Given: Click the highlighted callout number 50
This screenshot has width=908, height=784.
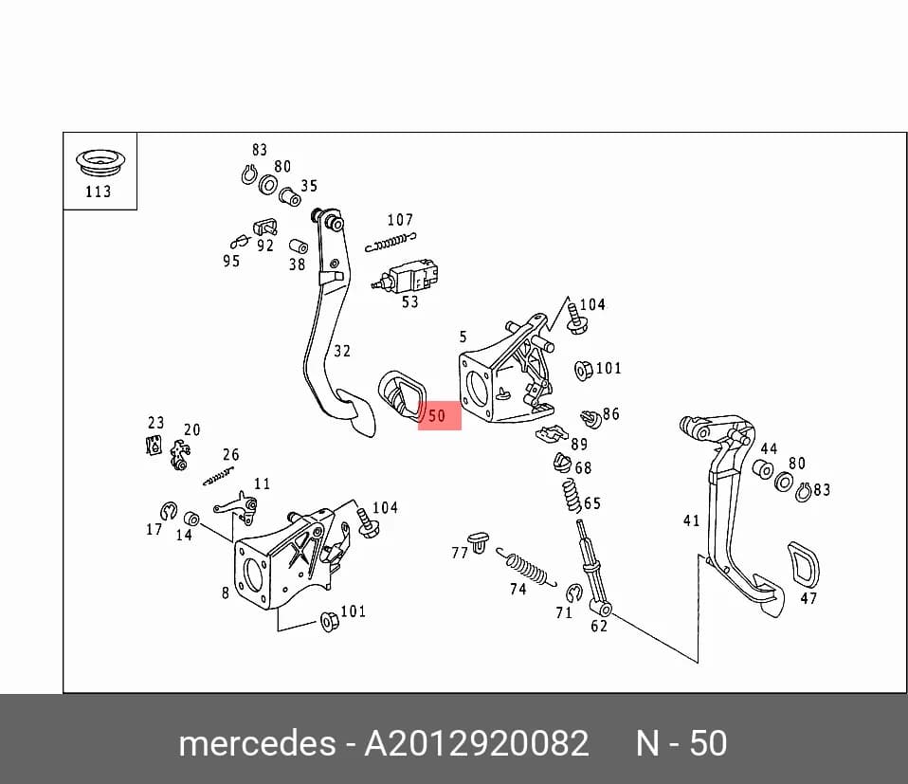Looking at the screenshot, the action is pyautogui.click(x=437, y=416).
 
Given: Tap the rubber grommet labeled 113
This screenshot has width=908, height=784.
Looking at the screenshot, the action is pyautogui.click(x=100, y=162).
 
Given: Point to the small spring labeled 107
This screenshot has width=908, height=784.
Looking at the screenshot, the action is pyautogui.click(x=390, y=242).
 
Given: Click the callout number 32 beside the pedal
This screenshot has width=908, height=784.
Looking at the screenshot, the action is pyautogui.click(x=341, y=351).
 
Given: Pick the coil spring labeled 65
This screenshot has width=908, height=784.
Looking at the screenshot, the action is pyautogui.click(x=572, y=496).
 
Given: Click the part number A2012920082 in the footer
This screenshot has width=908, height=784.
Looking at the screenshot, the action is pyautogui.click(x=476, y=743).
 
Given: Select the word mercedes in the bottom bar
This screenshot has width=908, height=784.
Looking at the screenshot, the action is pyautogui.click(x=257, y=743).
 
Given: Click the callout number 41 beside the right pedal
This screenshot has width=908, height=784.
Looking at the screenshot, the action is pyautogui.click(x=691, y=520).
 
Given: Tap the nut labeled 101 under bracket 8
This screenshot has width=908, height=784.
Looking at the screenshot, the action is pyautogui.click(x=330, y=621).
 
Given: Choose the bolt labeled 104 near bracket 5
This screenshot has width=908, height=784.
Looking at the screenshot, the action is pyautogui.click(x=576, y=318).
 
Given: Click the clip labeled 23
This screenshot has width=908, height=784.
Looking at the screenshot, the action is pyautogui.click(x=154, y=445).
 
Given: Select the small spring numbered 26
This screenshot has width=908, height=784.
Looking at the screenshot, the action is pyautogui.click(x=218, y=477).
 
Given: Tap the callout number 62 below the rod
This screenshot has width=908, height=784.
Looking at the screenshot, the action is pyautogui.click(x=599, y=626).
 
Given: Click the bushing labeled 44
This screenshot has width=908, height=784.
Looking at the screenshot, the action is pyautogui.click(x=763, y=469).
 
